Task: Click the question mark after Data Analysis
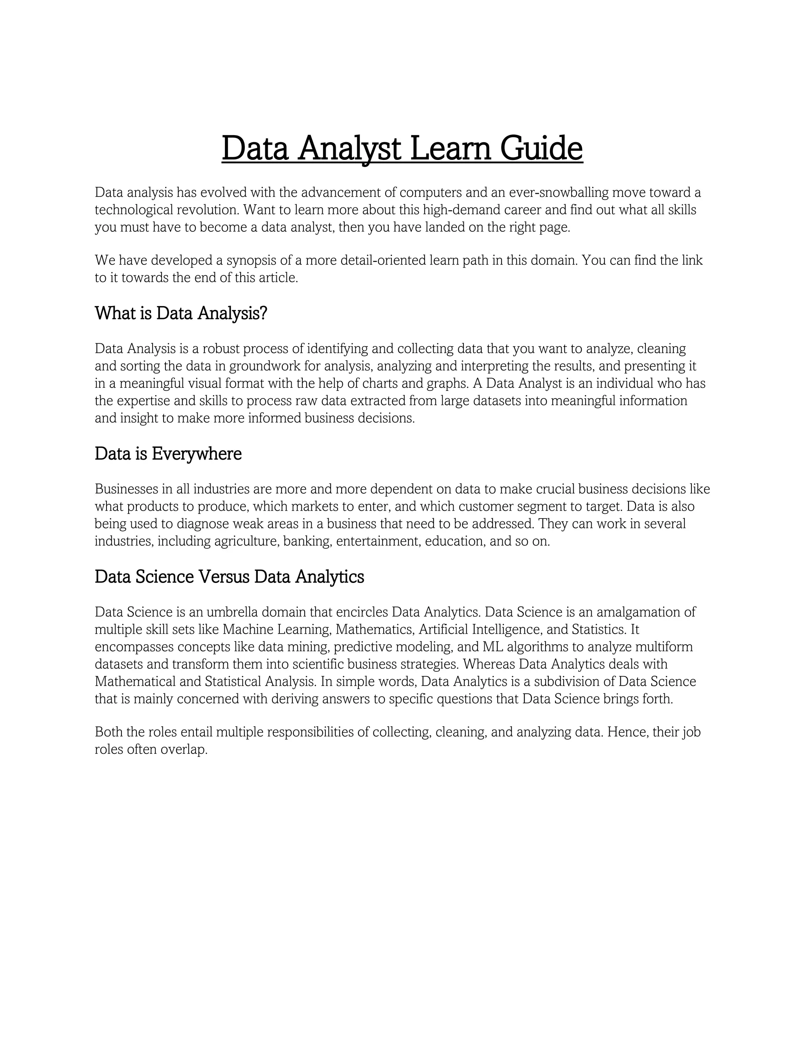(x=264, y=313)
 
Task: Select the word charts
(x=380, y=383)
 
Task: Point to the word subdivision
(x=570, y=681)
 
